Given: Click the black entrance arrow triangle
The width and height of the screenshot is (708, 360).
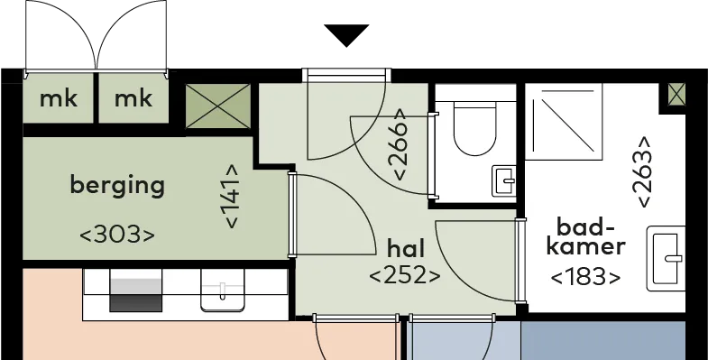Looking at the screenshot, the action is [346, 35].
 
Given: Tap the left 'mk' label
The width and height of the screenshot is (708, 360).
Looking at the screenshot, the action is [59, 98].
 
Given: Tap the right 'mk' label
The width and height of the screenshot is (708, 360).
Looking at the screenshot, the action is [133, 98].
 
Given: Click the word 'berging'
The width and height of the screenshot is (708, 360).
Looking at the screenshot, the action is [117, 186].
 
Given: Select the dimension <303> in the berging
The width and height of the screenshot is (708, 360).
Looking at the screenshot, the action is [117, 235].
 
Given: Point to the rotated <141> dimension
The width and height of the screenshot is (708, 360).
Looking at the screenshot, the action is [231, 196].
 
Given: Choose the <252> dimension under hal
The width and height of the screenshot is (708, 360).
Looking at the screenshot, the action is [405, 275].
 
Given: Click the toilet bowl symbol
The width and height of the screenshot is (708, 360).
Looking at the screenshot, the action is [474, 129].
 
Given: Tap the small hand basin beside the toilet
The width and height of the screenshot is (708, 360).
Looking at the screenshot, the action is [504, 181].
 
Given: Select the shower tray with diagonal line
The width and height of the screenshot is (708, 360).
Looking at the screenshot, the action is [564, 121].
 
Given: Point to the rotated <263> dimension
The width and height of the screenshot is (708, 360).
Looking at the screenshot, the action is [643, 171].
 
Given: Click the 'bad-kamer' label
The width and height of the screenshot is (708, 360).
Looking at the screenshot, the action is [585, 236].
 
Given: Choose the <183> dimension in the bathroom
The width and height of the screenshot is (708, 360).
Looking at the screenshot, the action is [585, 277].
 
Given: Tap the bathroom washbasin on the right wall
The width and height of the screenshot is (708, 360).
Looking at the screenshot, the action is [666, 258].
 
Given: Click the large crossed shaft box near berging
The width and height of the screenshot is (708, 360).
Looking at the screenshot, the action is [218, 106].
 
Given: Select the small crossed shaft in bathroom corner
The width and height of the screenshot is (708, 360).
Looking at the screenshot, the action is [676, 96].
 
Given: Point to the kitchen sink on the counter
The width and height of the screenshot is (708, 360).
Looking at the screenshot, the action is [222, 290].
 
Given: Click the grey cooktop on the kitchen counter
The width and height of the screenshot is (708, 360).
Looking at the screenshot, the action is [135, 291].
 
